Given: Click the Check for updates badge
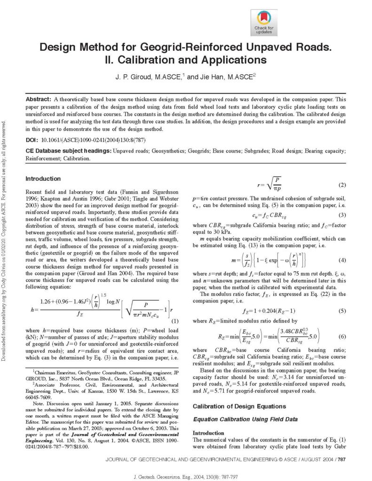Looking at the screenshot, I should click(264, 22).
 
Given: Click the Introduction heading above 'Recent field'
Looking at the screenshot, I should click(43, 178).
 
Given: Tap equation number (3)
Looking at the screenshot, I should click(342, 215).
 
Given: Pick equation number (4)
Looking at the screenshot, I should click(342, 260).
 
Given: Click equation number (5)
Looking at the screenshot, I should click(342, 311).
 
